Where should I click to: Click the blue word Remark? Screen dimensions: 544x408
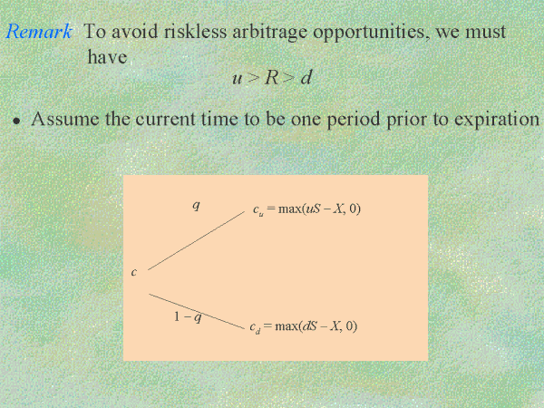point(39,31)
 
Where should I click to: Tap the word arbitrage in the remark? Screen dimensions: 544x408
point(269,32)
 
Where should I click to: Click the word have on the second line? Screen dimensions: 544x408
point(107,56)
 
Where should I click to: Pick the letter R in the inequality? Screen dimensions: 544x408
point(272,77)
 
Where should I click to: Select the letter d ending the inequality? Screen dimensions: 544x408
point(306,77)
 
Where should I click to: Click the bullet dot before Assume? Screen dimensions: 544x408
point(16,121)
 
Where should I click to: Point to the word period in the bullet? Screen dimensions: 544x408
point(354,120)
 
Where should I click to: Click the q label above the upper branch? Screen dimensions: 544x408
point(196,206)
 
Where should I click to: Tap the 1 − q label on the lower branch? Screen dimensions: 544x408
point(188,316)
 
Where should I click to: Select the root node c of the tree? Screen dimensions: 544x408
point(134,272)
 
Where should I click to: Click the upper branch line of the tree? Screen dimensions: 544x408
point(197,241)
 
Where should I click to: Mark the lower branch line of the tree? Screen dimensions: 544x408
point(197,311)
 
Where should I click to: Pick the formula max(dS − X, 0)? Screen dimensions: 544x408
point(316,326)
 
